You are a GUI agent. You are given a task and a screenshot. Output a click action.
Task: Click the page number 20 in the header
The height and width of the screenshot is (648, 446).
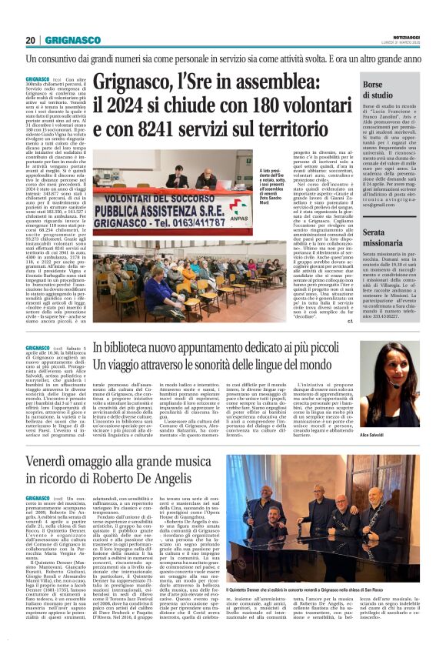[x=32, y=39]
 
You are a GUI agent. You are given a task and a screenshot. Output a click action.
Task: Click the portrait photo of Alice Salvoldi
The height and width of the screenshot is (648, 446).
[x=395, y=382]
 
